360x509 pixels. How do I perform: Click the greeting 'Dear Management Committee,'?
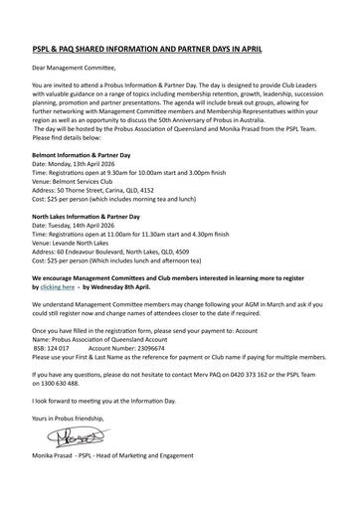(75, 73)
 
